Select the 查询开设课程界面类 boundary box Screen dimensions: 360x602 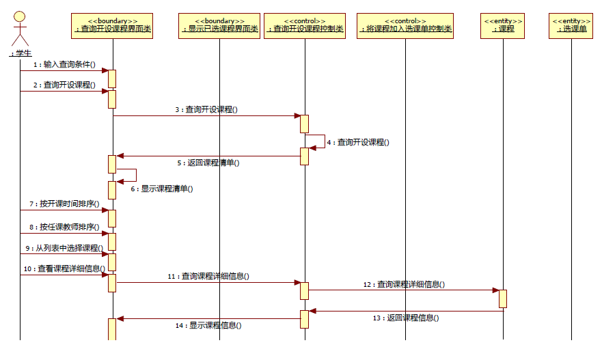point(112,25)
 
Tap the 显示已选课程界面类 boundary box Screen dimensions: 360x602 point(219,25)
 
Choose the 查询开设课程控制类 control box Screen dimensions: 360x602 point(305,25)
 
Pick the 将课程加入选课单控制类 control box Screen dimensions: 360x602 point(405,25)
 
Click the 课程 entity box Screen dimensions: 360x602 point(503,25)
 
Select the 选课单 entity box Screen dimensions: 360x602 point(571,25)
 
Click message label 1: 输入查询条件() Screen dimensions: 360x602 point(65,64)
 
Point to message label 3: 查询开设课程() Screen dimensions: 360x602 point(206,109)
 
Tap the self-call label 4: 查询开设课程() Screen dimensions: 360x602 point(357,142)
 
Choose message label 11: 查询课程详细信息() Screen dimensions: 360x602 point(208,277)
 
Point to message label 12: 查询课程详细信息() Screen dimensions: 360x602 point(404,284)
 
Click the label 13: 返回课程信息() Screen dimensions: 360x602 point(405,318)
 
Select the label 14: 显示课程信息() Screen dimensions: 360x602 point(208,326)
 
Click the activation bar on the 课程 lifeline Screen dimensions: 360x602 point(503,299)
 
